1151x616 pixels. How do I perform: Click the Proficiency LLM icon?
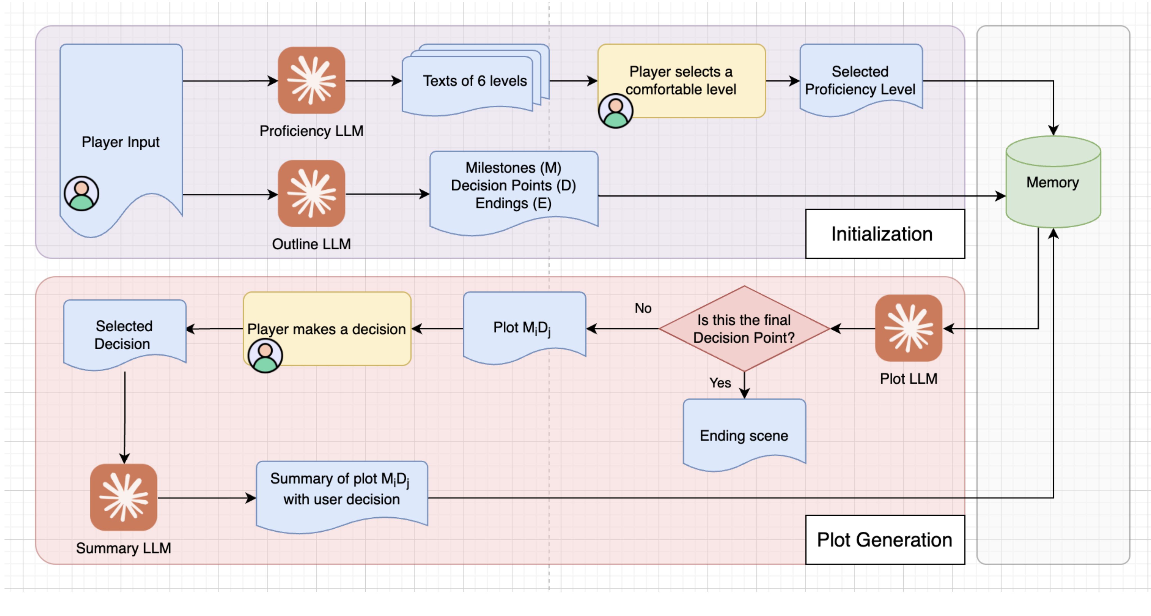point(311,80)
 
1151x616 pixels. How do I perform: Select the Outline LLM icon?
point(311,194)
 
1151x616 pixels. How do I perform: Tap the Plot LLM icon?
point(908,328)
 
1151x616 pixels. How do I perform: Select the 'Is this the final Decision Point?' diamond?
point(744,329)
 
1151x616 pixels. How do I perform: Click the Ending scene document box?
point(744,434)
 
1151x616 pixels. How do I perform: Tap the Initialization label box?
point(885,234)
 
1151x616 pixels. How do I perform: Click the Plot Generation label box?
point(885,540)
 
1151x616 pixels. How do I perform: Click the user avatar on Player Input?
point(81,193)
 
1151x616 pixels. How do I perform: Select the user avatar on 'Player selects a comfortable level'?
point(615,110)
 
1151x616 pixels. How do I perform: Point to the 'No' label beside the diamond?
point(643,308)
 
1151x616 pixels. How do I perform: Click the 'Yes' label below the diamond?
point(720,383)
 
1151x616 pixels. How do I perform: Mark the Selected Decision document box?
point(124,334)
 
